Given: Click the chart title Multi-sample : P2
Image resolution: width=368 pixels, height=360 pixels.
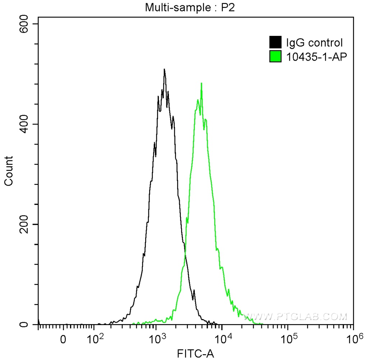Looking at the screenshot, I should click(189, 8).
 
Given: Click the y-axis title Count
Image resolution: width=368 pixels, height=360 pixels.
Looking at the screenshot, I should click(9, 171).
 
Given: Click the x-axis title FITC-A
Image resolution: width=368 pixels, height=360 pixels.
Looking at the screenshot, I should click(196, 354).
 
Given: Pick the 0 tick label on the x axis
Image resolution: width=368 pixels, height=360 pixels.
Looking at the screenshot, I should click(63, 339).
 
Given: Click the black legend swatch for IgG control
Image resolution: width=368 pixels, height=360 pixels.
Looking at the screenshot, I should click(275, 42).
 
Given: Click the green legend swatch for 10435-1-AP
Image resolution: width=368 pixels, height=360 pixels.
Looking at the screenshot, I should click(275, 56).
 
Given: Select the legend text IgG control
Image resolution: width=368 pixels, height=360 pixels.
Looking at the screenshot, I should click(314, 43).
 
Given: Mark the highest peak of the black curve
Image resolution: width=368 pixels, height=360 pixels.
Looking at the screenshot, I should click(164, 69).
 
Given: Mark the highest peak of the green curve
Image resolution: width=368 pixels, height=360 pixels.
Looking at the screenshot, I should click(201, 83).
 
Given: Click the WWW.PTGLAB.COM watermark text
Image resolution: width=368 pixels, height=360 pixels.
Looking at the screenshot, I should click(295, 317).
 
